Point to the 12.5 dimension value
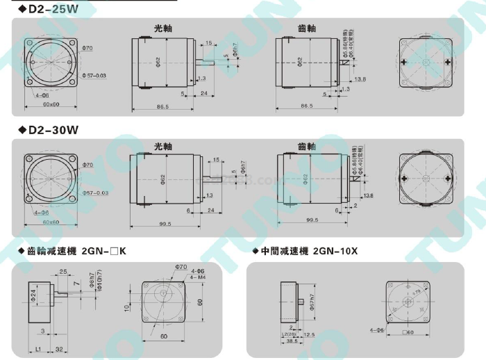[310, 335]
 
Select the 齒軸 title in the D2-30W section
[306, 147]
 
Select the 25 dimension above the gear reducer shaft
[62, 271]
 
